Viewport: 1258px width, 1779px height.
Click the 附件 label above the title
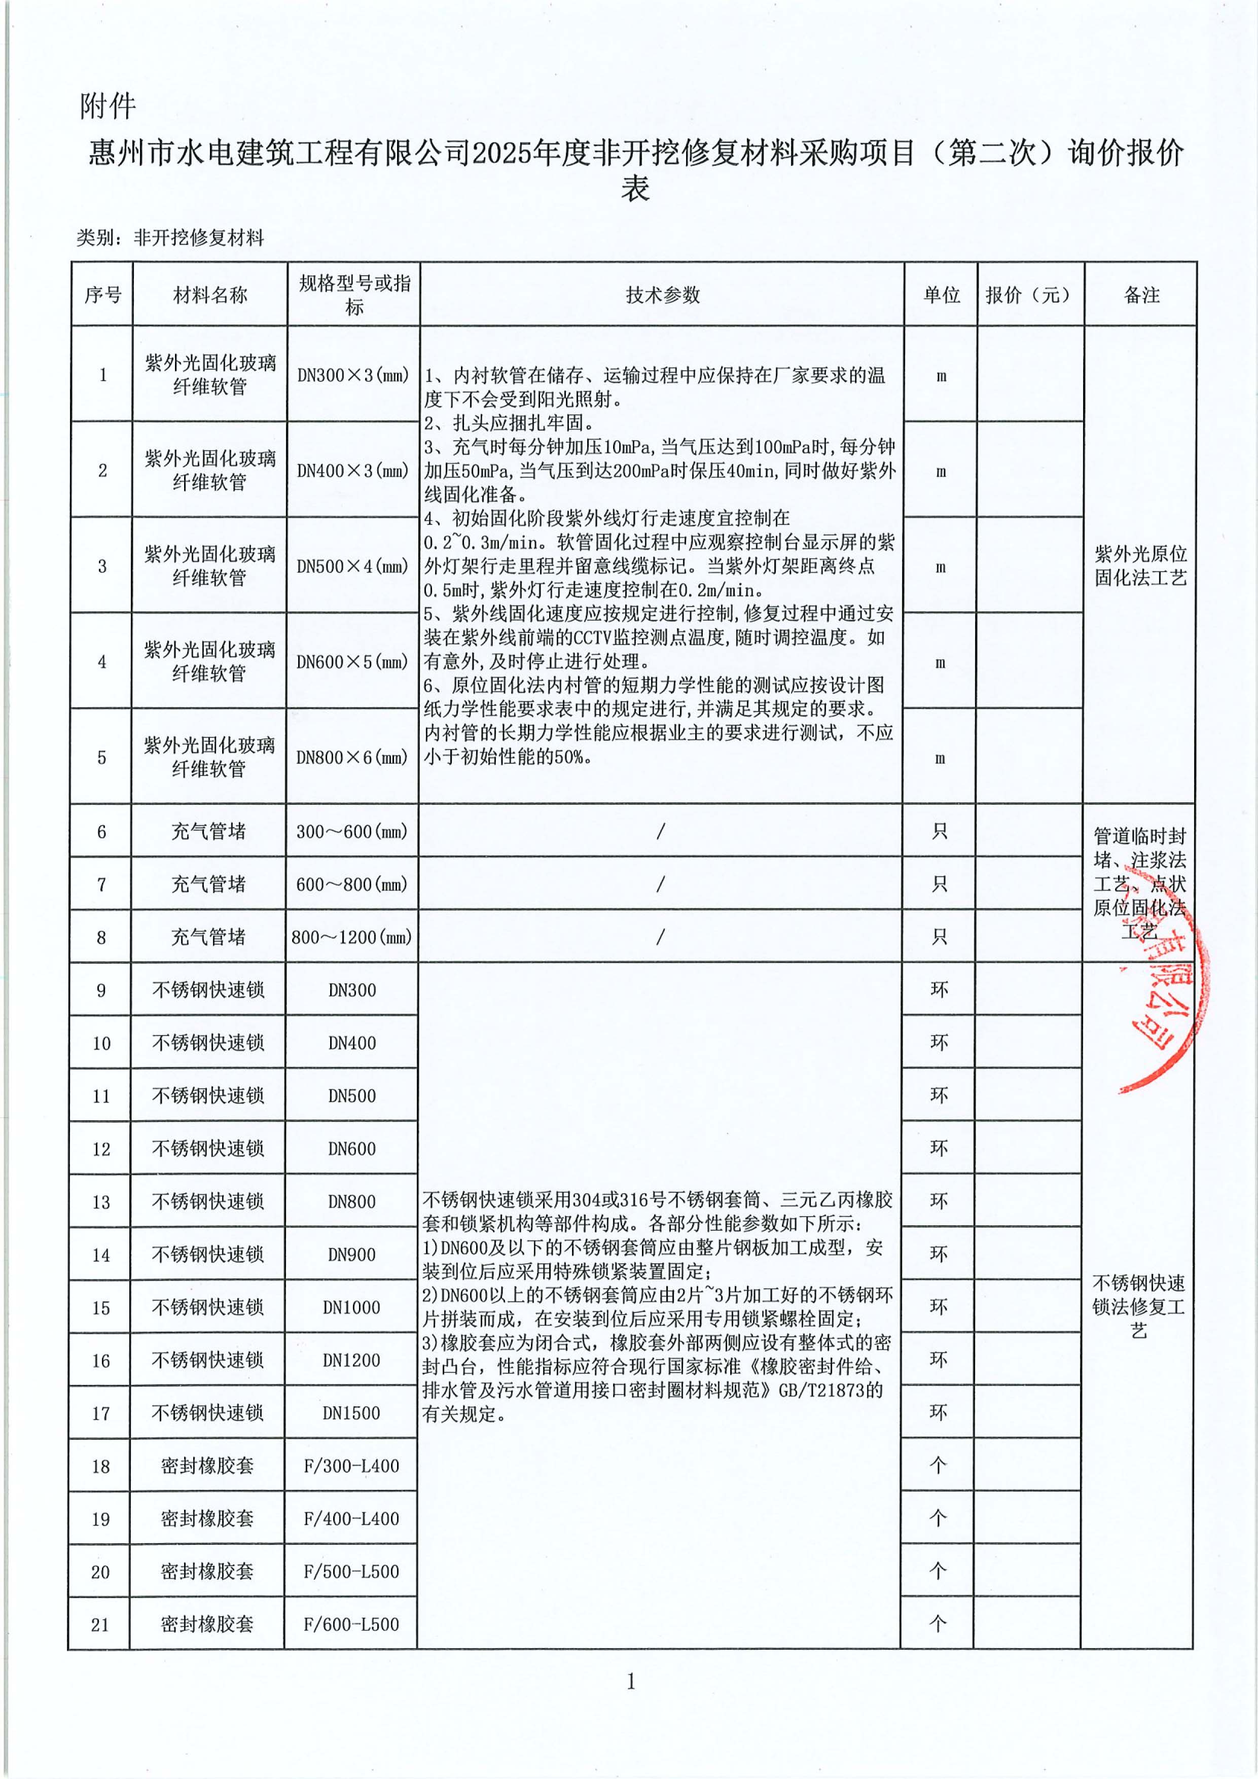pos(107,106)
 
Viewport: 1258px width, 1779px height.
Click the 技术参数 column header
pos(662,295)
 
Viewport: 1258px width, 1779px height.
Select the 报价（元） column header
pos(1029,295)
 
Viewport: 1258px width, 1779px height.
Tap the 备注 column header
pos(1141,295)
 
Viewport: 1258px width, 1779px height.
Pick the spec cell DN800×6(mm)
pos(352,757)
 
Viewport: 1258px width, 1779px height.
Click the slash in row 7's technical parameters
pos(660,884)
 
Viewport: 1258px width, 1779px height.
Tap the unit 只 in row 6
pos(940,831)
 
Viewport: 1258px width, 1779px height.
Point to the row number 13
pos(101,1202)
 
